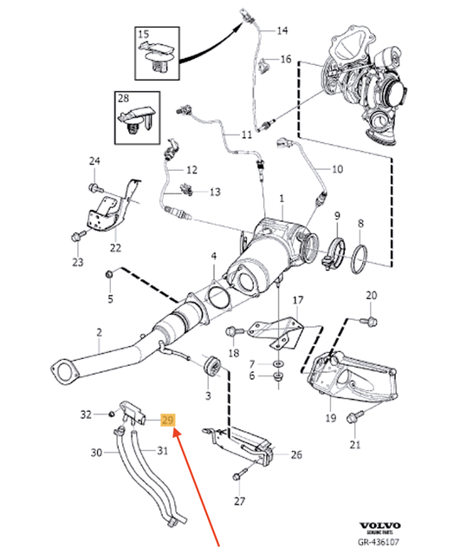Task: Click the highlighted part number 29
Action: (x=169, y=420)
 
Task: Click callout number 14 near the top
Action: (x=282, y=30)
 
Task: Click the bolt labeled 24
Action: (x=93, y=186)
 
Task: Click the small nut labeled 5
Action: (x=110, y=276)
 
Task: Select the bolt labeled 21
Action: (x=353, y=418)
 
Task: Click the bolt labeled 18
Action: (x=232, y=330)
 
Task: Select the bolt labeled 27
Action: (x=241, y=473)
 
